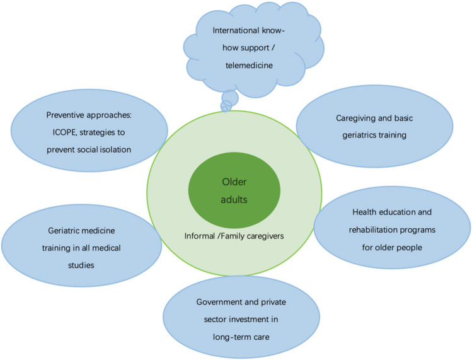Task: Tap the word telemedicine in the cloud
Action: coord(254,64)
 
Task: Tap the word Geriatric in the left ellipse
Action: coord(62,231)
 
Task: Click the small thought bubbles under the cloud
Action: coord(229,100)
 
